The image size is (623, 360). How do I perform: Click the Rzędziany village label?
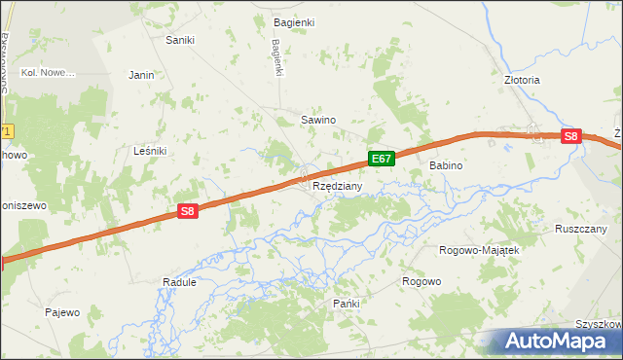pyautogui.click(x=338, y=186)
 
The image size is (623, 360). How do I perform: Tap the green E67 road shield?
pyautogui.click(x=381, y=159)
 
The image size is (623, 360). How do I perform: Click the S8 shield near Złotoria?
pyautogui.click(x=571, y=137)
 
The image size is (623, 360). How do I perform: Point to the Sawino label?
pyautogui.click(x=318, y=120)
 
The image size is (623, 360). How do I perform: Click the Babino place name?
pyautogui.click(x=446, y=166)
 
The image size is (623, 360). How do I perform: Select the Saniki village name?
pyautogui.click(x=180, y=40)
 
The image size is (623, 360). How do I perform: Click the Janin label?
pyautogui.click(x=142, y=74)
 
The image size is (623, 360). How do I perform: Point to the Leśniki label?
pyautogui.click(x=150, y=151)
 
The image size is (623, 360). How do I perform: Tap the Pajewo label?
pyautogui.click(x=61, y=312)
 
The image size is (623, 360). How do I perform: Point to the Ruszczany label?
pyautogui.click(x=581, y=229)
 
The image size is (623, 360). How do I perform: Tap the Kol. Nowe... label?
pyautogui.click(x=49, y=73)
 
